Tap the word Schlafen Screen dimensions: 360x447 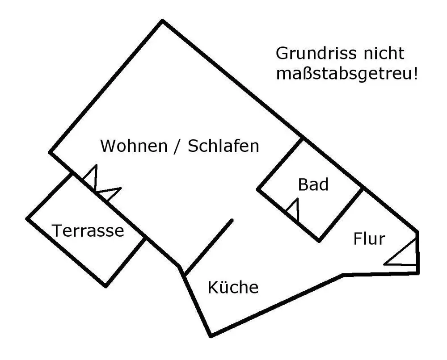[223, 146]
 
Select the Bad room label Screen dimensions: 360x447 [313, 184]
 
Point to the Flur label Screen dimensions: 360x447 [369, 239]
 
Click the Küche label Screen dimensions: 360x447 [233, 288]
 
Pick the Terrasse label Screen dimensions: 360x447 [88, 231]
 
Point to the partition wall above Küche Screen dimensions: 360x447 [209, 247]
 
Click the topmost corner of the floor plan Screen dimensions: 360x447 [162, 21]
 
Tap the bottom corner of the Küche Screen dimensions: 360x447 [211, 335]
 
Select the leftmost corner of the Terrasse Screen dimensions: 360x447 [28, 218]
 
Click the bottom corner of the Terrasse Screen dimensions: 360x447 [105, 285]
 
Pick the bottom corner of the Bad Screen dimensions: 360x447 [319, 241]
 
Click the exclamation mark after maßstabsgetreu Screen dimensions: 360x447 [416, 73]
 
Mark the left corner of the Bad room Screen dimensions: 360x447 [258, 189]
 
